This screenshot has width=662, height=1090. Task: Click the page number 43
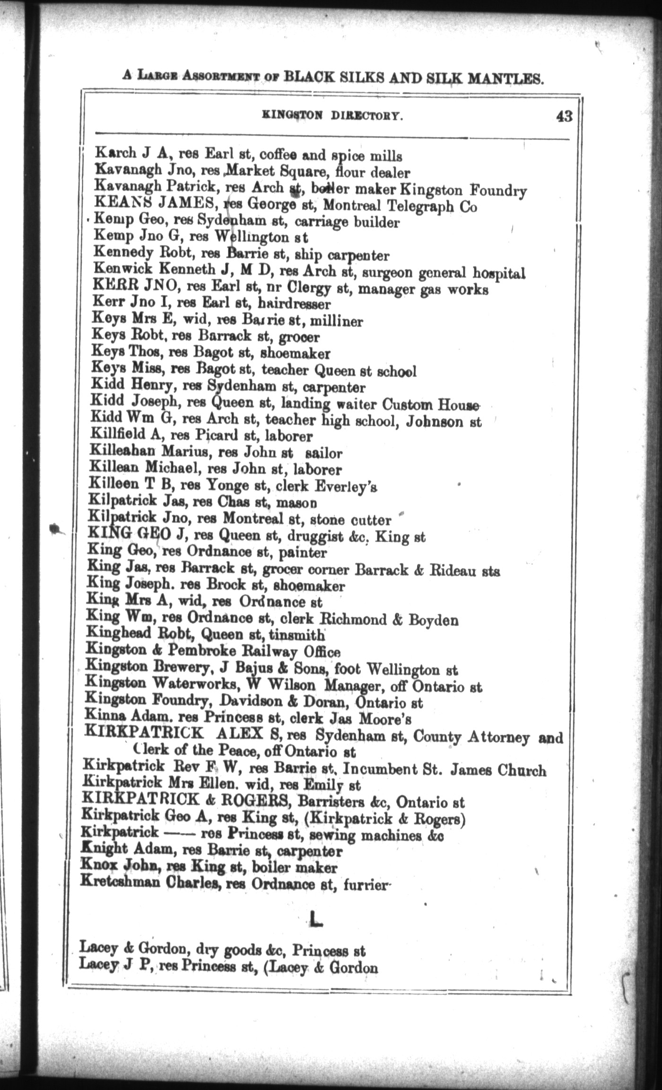564,116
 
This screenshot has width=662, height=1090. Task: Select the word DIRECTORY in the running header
366,116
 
